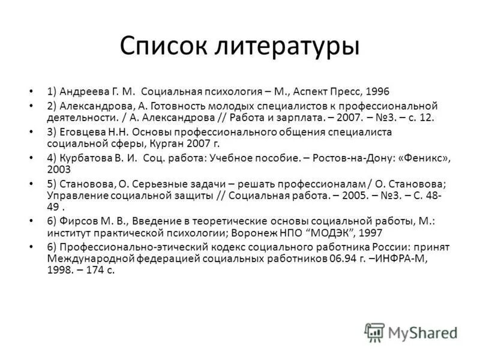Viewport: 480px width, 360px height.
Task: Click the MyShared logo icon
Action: pos(374,332)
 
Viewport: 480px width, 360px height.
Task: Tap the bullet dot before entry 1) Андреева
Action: pos(31,92)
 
